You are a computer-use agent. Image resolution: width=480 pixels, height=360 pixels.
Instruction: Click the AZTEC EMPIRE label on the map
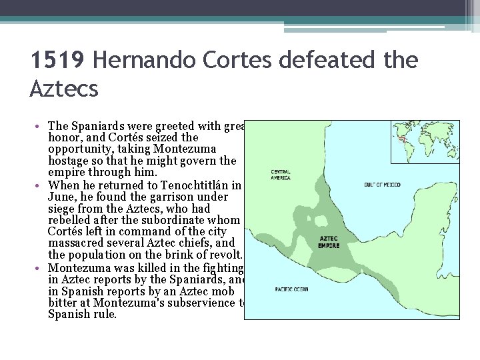coord(329,242)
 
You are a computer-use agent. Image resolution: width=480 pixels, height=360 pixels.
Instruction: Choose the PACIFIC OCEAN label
coord(291,289)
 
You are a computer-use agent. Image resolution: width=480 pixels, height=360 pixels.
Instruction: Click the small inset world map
coord(424,142)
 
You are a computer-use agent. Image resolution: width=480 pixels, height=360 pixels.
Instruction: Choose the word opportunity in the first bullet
coord(80,149)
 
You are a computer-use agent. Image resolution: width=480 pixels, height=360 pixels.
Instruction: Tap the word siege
coord(62,209)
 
